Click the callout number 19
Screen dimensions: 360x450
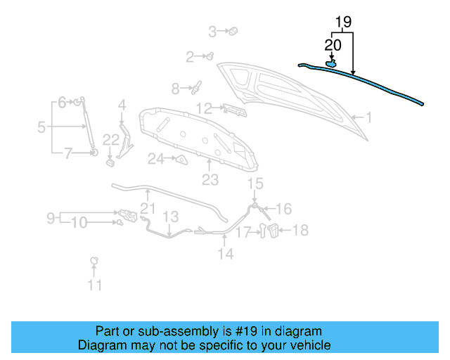(342, 22)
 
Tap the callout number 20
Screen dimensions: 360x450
(333, 44)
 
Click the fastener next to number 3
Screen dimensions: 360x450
(233, 31)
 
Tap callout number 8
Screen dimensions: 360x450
(175, 89)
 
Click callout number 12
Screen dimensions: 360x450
(204, 108)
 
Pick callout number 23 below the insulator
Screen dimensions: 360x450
(210, 180)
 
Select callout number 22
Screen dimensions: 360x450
(111, 140)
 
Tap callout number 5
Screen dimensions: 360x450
(41, 127)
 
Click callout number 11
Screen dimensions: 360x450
(94, 285)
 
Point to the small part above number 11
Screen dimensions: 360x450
(94, 262)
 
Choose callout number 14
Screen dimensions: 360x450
(225, 254)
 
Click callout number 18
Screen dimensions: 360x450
(300, 230)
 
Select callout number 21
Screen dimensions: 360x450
(147, 207)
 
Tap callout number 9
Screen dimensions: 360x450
(51, 218)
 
